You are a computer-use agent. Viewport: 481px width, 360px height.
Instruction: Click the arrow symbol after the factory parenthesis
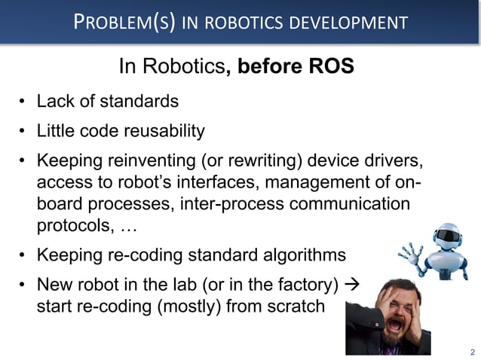(351, 285)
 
